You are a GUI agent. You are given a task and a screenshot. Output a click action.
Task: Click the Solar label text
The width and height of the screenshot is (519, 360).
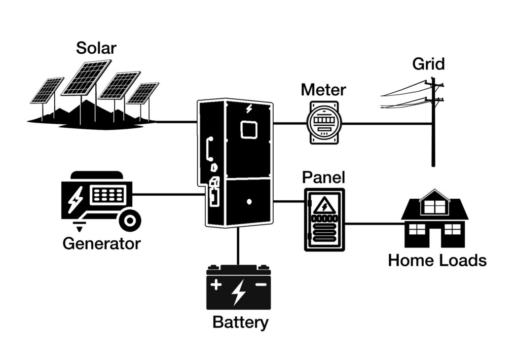tap(96, 48)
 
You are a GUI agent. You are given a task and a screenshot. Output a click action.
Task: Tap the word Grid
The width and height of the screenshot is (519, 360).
tap(428, 64)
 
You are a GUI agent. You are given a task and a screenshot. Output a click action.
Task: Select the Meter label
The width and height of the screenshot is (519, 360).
tap(323, 90)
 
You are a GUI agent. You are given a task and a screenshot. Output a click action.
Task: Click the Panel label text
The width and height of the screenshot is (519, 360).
tap(323, 177)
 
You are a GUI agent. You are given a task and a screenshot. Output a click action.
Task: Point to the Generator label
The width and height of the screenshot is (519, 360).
tap(101, 243)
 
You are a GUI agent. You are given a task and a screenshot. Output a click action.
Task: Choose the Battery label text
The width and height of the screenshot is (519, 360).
tap(240, 322)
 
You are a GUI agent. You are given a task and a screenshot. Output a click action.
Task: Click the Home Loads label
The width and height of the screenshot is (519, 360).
tap(437, 261)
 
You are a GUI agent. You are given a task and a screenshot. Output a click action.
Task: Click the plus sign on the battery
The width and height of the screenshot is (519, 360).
tap(216, 285)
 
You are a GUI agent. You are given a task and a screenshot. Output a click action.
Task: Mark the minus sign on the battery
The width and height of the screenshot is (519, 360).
tap(261, 285)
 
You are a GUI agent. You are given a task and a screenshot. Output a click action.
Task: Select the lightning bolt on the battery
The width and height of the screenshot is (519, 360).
tap(238, 292)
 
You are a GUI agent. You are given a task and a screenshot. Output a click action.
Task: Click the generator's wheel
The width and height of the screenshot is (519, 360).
tap(130, 220)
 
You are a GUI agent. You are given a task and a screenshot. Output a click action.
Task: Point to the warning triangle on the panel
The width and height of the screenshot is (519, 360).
tap(323, 206)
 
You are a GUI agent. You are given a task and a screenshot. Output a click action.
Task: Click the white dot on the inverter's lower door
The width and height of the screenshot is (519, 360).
tap(249, 201)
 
